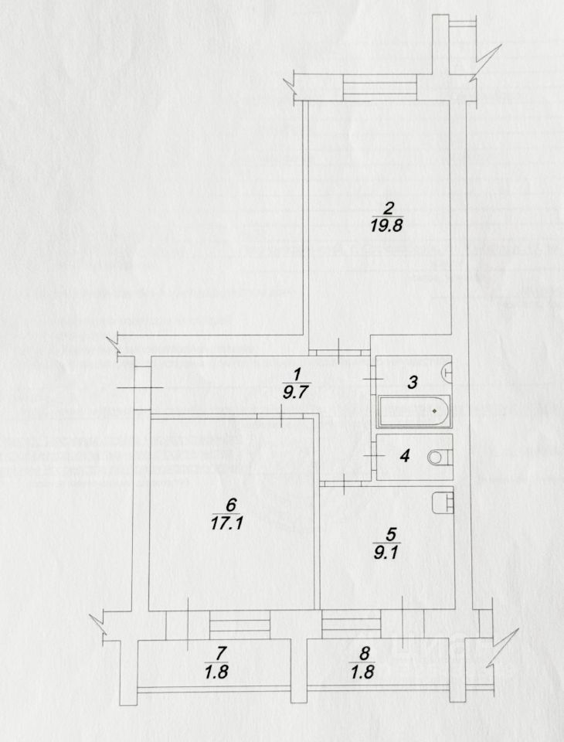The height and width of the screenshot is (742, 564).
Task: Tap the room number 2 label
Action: click(x=389, y=206)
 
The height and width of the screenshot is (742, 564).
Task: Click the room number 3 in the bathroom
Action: click(x=413, y=382)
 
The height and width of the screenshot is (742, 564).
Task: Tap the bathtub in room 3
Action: click(x=415, y=411)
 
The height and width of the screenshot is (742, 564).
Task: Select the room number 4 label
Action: click(x=404, y=455)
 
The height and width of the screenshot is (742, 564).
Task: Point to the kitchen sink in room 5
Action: click(x=442, y=502)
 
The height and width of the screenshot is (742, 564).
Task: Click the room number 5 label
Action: click(x=391, y=533)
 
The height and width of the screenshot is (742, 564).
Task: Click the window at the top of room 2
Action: click(x=380, y=87)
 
